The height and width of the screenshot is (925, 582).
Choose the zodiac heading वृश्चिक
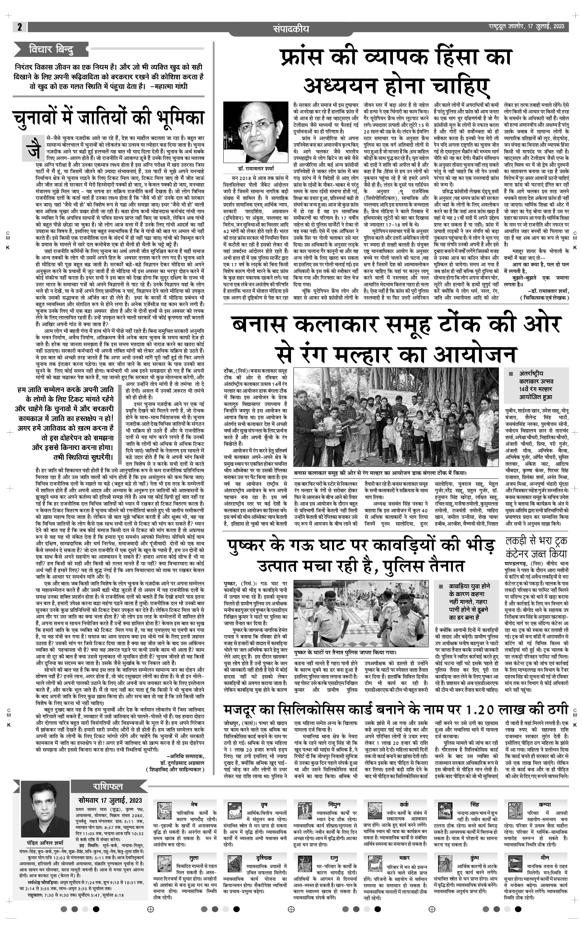pyautogui.click(x=264, y=857)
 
